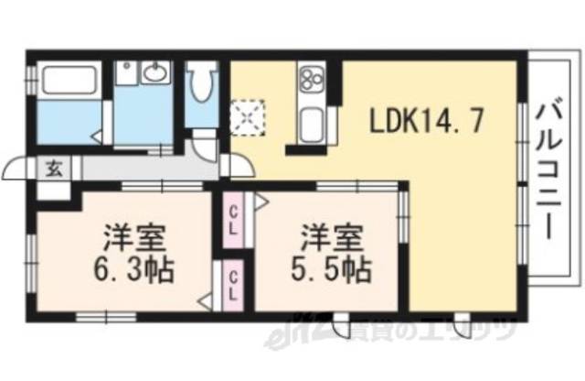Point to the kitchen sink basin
(311, 123)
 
